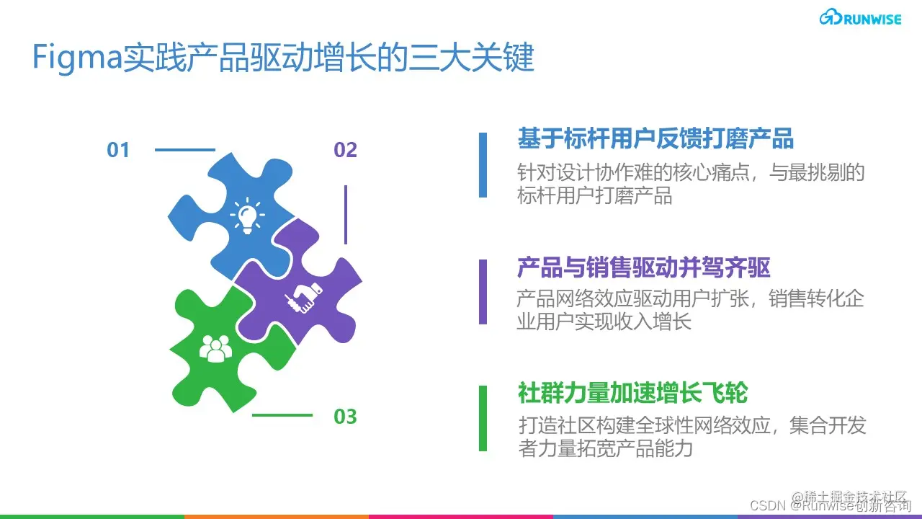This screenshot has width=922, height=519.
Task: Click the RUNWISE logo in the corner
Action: point(860,18)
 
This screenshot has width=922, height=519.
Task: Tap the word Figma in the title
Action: point(77,58)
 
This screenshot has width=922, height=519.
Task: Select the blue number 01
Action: point(118,150)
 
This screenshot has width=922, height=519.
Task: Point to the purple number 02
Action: point(345,150)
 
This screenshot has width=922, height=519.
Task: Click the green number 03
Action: point(345,417)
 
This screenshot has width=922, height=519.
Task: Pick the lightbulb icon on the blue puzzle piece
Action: point(247,215)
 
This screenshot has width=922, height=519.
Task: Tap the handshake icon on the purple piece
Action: point(304,298)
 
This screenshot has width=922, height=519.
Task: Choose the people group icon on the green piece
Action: point(215,348)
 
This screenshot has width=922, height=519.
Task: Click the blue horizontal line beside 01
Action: point(185,150)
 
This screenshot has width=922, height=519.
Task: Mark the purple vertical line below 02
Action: point(346,215)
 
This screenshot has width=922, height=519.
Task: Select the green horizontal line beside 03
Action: point(282,415)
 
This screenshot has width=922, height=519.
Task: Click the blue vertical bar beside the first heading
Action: point(483,165)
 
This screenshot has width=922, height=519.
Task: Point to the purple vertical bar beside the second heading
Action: point(483,292)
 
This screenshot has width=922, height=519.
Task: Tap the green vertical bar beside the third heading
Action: point(483,418)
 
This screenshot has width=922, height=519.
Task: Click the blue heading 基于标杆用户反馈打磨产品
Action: point(655,138)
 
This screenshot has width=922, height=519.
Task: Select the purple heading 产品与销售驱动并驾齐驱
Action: point(644,267)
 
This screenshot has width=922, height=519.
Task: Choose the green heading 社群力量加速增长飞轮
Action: point(632,394)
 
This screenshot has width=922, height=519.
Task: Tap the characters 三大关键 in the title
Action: point(471,58)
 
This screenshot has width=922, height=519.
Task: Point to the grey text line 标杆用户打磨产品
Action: point(595,195)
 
